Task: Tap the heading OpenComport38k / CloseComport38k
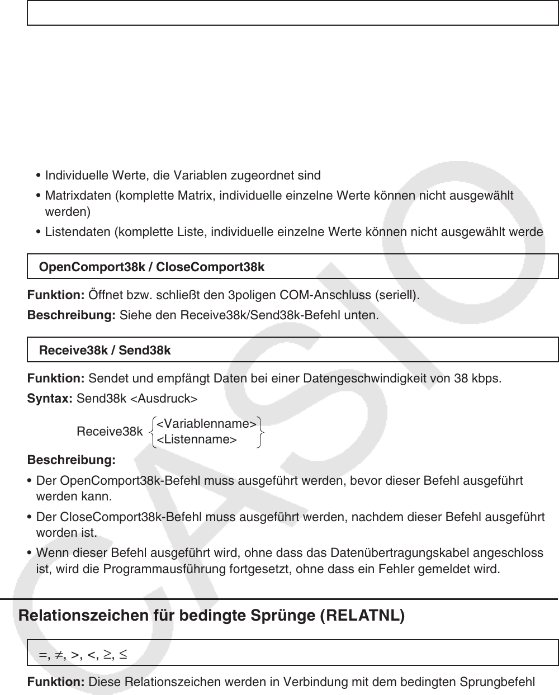[151, 267]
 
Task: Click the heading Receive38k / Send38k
[105, 351]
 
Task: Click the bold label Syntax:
[50, 399]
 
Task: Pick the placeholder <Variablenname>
[206, 424]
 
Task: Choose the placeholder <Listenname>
[196, 439]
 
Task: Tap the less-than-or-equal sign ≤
[122, 653]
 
